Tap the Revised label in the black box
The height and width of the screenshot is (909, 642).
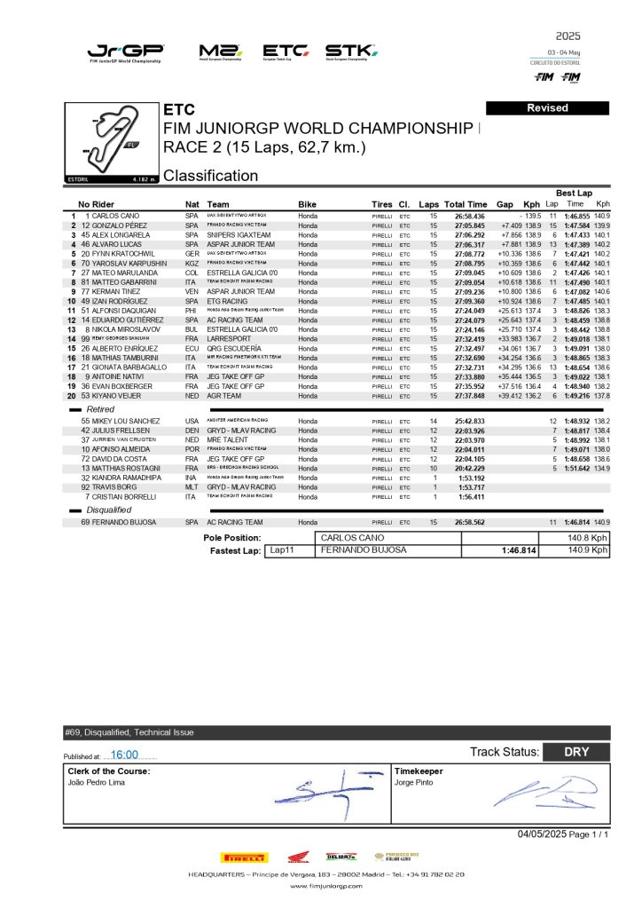coord(547,107)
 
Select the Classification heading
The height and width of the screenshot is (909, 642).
coord(210,176)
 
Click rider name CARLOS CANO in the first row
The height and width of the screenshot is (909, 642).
coord(114,216)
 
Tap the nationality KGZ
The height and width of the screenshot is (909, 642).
coord(192,263)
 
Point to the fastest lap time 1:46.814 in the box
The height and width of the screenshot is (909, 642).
coord(520,550)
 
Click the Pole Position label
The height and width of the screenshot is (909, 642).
coord(232,538)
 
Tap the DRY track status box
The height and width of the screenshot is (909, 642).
coord(576,752)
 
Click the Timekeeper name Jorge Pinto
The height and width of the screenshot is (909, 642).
coord(415,783)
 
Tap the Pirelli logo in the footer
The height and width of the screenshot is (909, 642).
coord(242,858)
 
